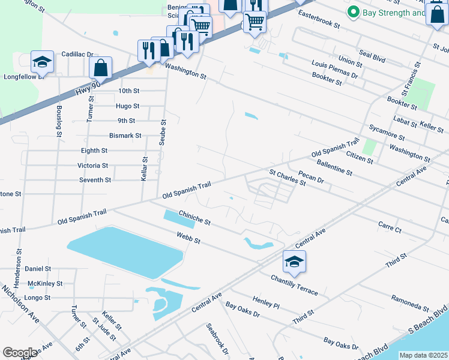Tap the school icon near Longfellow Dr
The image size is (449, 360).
click(42, 61)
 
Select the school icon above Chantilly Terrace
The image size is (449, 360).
click(294, 261)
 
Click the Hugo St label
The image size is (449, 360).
click(127, 106)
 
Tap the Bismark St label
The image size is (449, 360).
click(125, 136)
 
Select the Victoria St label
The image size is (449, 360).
click(92, 166)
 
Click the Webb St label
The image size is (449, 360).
click(187, 238)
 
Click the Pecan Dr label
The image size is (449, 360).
click(311, 178)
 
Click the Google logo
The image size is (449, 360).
click(20, 353)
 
